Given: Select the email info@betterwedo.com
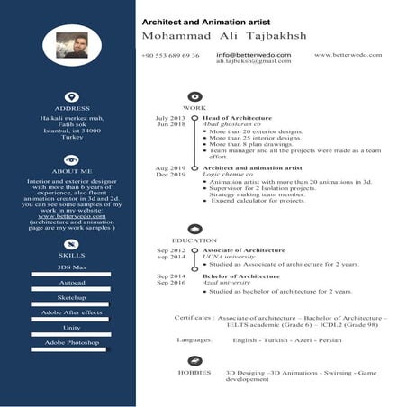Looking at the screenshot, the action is pyautogui.click(x=253, y=55).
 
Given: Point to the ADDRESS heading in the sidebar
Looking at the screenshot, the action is pyautogui.click(x=72, y=109).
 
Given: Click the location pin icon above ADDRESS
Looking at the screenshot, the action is pyautogui.click(x=72, y=96).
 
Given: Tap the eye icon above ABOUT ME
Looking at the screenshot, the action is pyautogui.click(x=72, y=159).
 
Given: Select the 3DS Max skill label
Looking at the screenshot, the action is pyautogui.click(x=72, y=268).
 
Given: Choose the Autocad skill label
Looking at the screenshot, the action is pyautogui.click(x=72, y=283).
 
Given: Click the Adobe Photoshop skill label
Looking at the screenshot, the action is pyautogui.click(x=72, y=343).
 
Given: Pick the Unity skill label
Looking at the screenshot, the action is pyautogui.click(x=72, y=328).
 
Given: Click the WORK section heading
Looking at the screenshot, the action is pyautogui.click(x=194, y=108).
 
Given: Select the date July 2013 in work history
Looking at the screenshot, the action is pyautogui.click(x=170, y=118).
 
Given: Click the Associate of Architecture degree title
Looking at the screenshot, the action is pyautogui.click(x=244, y=250).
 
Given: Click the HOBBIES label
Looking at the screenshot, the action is pyautogui.click(x=194, y=371).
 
